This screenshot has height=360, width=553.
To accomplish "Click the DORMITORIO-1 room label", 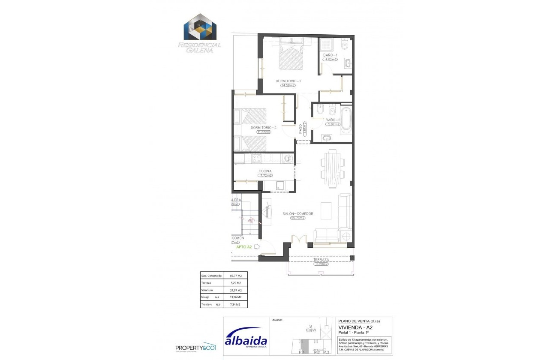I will click(x=288, y=81).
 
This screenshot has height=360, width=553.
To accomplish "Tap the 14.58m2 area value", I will click(x=288, y=85).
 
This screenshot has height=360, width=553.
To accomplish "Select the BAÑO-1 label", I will click(x=331, y=55).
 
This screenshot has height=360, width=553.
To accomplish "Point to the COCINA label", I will click(x=265, y=171).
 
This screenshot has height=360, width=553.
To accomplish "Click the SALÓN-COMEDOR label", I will click(x=298, y=213).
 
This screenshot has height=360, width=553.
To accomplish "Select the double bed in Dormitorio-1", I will click(x=291, y=54).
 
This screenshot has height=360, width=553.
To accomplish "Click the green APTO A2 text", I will click(x=244, y=247).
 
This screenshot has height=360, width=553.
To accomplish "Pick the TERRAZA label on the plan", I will click(x=321, y=260).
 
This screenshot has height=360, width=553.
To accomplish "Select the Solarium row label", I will click(x=207, y=290).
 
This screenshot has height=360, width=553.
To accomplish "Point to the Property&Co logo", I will click(x=195, y=347).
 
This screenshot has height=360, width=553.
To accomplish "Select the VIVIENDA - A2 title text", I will click(x=352, y=327).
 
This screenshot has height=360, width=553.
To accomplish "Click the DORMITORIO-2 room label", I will click(x=263, y=128).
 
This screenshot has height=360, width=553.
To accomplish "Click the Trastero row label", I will click(x=207, y=304).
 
